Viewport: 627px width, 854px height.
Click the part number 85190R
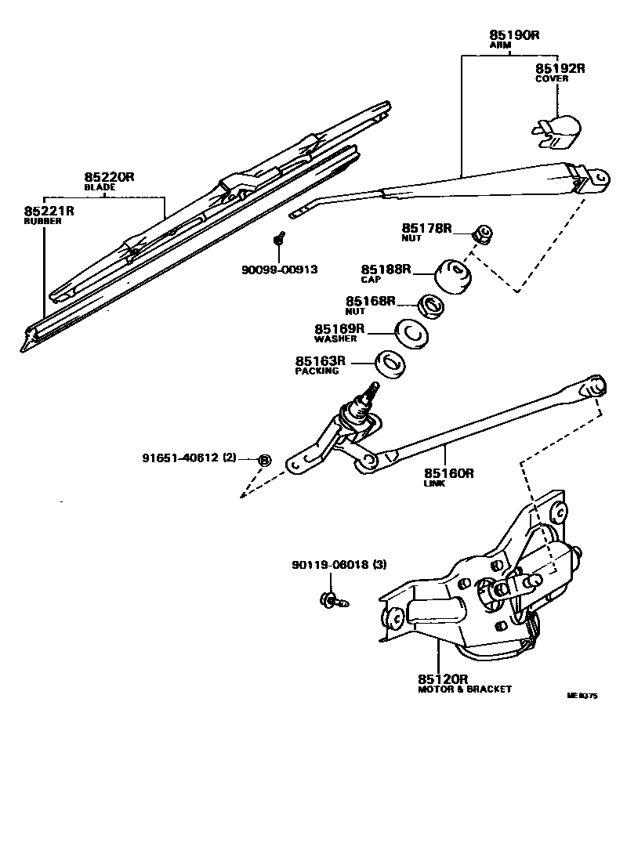(x=512, y=34)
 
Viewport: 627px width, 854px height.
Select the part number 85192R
(x=560, y=68)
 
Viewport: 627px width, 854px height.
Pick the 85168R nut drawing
(x=429, y=306)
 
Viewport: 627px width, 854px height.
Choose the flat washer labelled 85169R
(x=411, y=335)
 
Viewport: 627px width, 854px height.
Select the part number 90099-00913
(x=279, y=270)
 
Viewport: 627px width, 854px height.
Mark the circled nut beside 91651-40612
(x=264, y=459)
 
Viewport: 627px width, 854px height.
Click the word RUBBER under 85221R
(x=42, y=222)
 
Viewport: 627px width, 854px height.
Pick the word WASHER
(x=335, y=339)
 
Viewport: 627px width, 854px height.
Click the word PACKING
(x=317, y=371)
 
